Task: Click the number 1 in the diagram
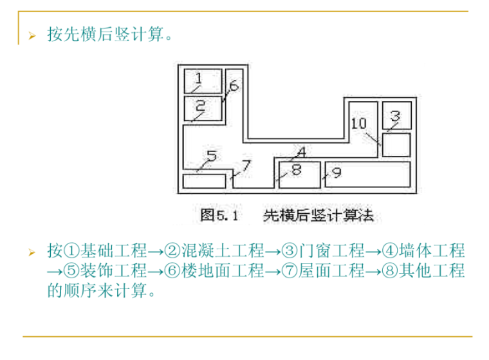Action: pyautogui.click(x=199, y=79)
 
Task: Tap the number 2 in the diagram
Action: pyautogui.click(x=200, y=105)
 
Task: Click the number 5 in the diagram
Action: pyautogui.click(x=211, y=156)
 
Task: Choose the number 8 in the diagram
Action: pyautogui.click(x=296, y=171)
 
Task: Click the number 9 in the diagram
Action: pyautogui.click(x=337, y=172)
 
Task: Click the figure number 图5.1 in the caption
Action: pyautogui.click(x=219, y=214)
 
